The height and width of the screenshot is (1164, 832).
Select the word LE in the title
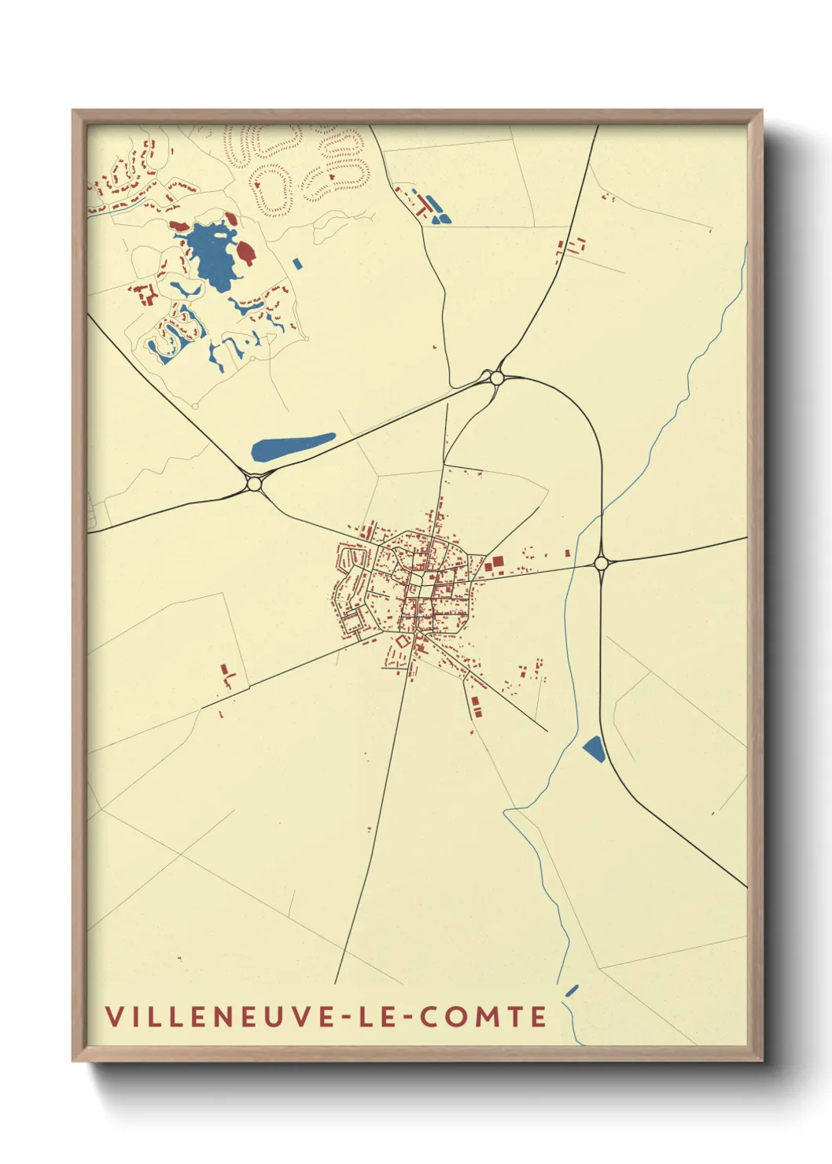[x=377, y=1016]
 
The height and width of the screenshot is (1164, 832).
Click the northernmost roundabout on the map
[x=496, y=378]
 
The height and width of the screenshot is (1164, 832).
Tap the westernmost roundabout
[x=253, y=483]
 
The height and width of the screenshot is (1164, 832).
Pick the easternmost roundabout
[x=602, y=563]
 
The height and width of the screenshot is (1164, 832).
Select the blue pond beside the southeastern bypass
[x=595, y=749]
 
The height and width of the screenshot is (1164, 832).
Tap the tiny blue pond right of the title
[x=572, y=989]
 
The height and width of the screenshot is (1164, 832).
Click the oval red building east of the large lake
[x=246, y=252]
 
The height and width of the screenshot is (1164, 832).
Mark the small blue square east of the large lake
[x=296, y=263]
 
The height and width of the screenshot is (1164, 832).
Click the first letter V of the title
[x=112, y=1016]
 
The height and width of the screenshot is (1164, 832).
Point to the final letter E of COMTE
[x=539, y=1016]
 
